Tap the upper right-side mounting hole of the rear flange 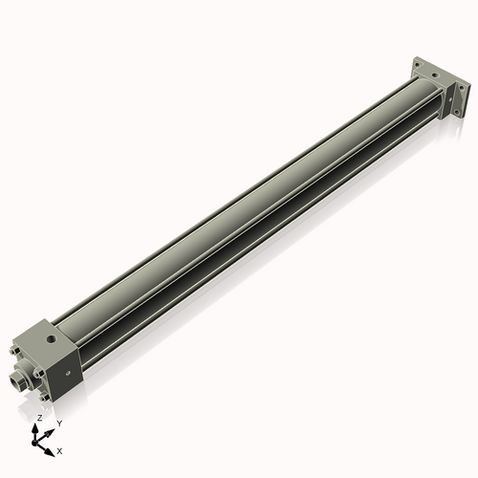point(463,88)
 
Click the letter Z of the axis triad point(38,418)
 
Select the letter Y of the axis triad point(59,423)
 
